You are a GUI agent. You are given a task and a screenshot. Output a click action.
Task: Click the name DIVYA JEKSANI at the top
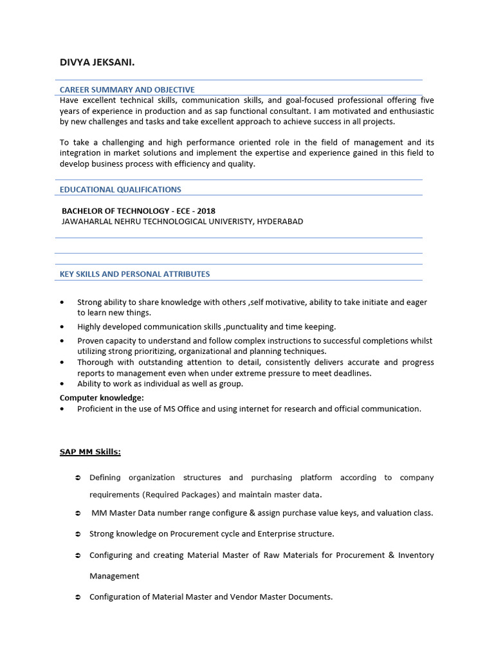click(96, 62)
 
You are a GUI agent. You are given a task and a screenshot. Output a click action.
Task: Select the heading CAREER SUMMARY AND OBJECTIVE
click(127, 89)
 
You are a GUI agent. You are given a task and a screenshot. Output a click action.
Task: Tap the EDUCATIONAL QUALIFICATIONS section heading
click(120, 189)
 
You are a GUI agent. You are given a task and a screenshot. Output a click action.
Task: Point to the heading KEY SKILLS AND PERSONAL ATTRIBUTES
click(134, 274)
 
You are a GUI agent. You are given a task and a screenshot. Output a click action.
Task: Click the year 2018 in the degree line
click(206, 211)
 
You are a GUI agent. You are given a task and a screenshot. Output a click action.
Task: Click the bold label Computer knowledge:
click(102, 398)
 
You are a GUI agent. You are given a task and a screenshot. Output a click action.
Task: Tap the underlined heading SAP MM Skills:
click(90, 452)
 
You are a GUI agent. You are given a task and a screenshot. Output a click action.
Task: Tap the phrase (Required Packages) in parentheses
click(179, 494)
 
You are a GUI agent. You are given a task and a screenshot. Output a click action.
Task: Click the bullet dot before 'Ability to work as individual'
click(62, 384)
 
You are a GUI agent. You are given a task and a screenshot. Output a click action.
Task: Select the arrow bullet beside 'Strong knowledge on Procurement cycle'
click(77, 534)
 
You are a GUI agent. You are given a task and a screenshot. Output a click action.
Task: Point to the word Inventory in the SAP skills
click(416, 555)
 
